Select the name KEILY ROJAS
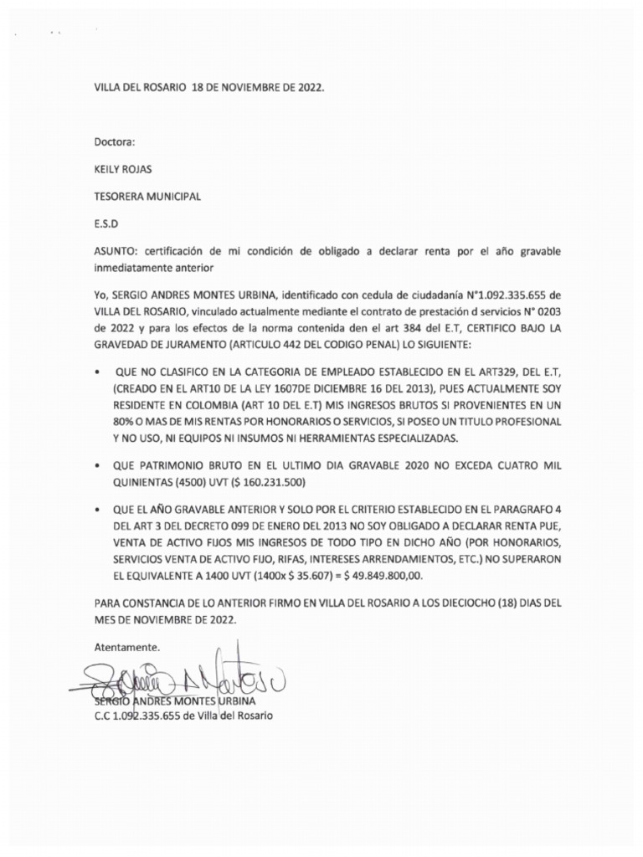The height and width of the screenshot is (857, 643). pos(122,169)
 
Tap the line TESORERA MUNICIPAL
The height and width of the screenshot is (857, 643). pos(147,197)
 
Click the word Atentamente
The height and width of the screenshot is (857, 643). pos(126,647)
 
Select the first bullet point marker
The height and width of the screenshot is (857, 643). pos(99,370)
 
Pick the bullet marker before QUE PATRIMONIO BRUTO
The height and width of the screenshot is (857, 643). pos(99,464)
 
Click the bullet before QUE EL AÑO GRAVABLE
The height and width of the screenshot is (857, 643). pos(99,508)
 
